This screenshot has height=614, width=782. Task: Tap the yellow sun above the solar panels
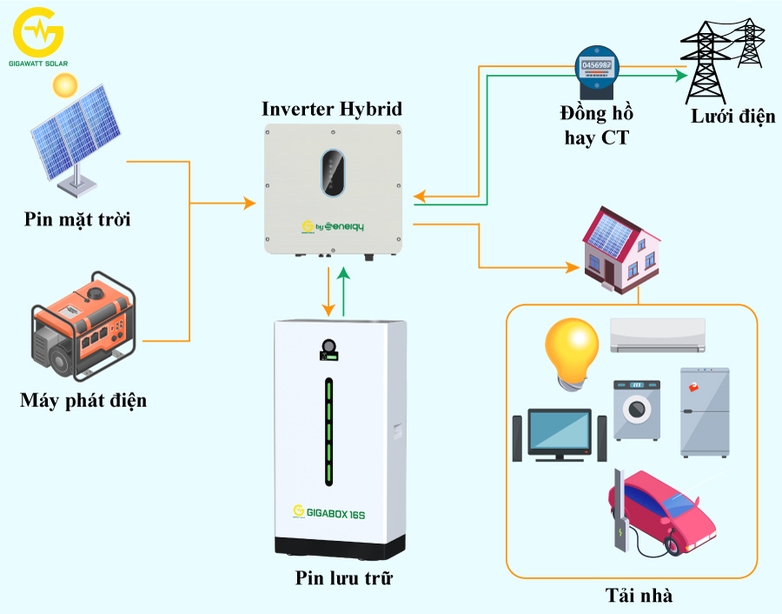[63, 85]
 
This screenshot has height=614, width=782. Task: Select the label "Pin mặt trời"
[77, 218]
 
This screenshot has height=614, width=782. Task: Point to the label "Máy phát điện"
[83, 401]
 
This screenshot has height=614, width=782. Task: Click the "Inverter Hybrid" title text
[332, 109]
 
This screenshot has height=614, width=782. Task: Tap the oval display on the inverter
[333, 172]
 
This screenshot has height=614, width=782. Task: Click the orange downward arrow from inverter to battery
[328, 292]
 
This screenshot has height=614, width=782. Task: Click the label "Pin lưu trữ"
[337, 577]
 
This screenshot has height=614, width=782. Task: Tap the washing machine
[637, 410]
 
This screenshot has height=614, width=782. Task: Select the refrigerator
[704, 411]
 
